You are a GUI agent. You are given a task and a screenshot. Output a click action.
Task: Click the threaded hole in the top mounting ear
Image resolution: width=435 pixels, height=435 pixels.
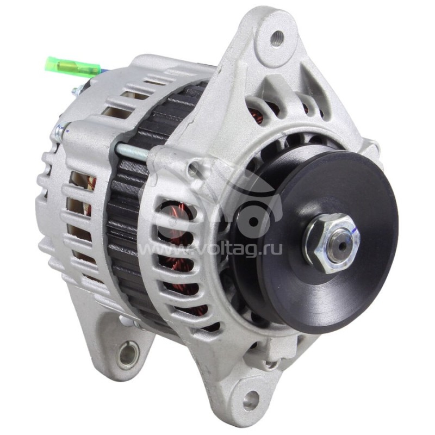pyautogui.click(x=278, y=38)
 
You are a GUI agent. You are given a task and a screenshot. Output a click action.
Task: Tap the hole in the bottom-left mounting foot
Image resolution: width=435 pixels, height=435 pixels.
pyautogui.click(x=128, y=355)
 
